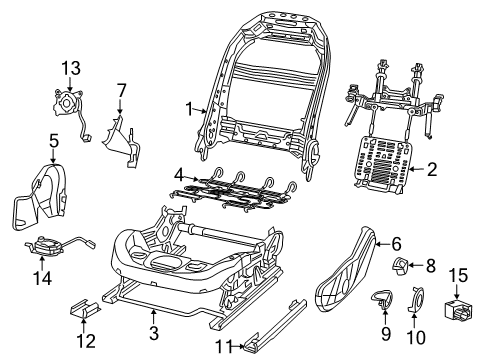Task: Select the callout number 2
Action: click(x=432, y=170)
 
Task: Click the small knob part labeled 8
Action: click(x=398, y=266)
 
